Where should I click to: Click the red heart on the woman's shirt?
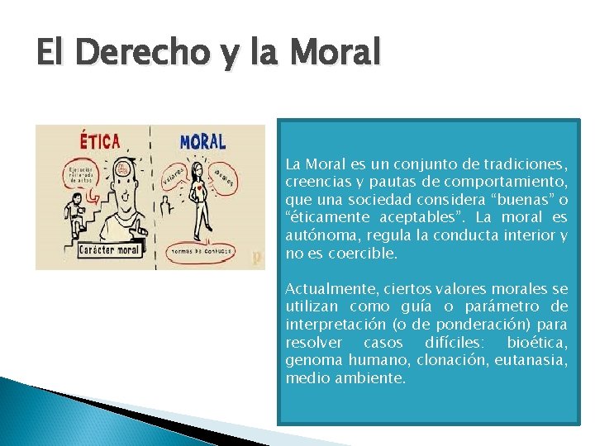tap(200, 187)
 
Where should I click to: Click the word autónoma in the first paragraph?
tap(317, 235)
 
